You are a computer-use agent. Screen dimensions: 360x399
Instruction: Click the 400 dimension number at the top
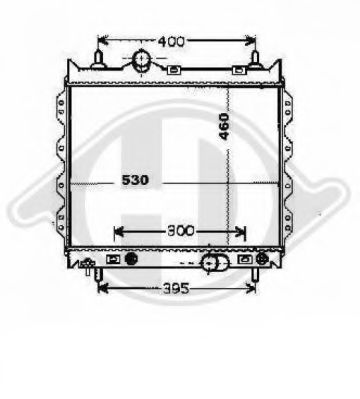(171, 42)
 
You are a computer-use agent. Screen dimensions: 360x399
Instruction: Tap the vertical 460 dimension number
(224, 127)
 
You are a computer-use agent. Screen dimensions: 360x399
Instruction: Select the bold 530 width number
(135, 180)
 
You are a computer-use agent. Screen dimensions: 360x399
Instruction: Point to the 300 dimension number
(180, 231)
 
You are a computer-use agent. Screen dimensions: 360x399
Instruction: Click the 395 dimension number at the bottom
(176, 288)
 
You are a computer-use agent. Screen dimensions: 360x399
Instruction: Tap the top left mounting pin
(99, 60)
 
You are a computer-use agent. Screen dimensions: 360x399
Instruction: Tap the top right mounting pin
(255, 60)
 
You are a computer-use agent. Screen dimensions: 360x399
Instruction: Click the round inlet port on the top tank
(142, 61)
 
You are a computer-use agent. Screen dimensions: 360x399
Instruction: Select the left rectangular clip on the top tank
(173, 70)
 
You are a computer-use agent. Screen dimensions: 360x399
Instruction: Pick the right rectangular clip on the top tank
(239, 70)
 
